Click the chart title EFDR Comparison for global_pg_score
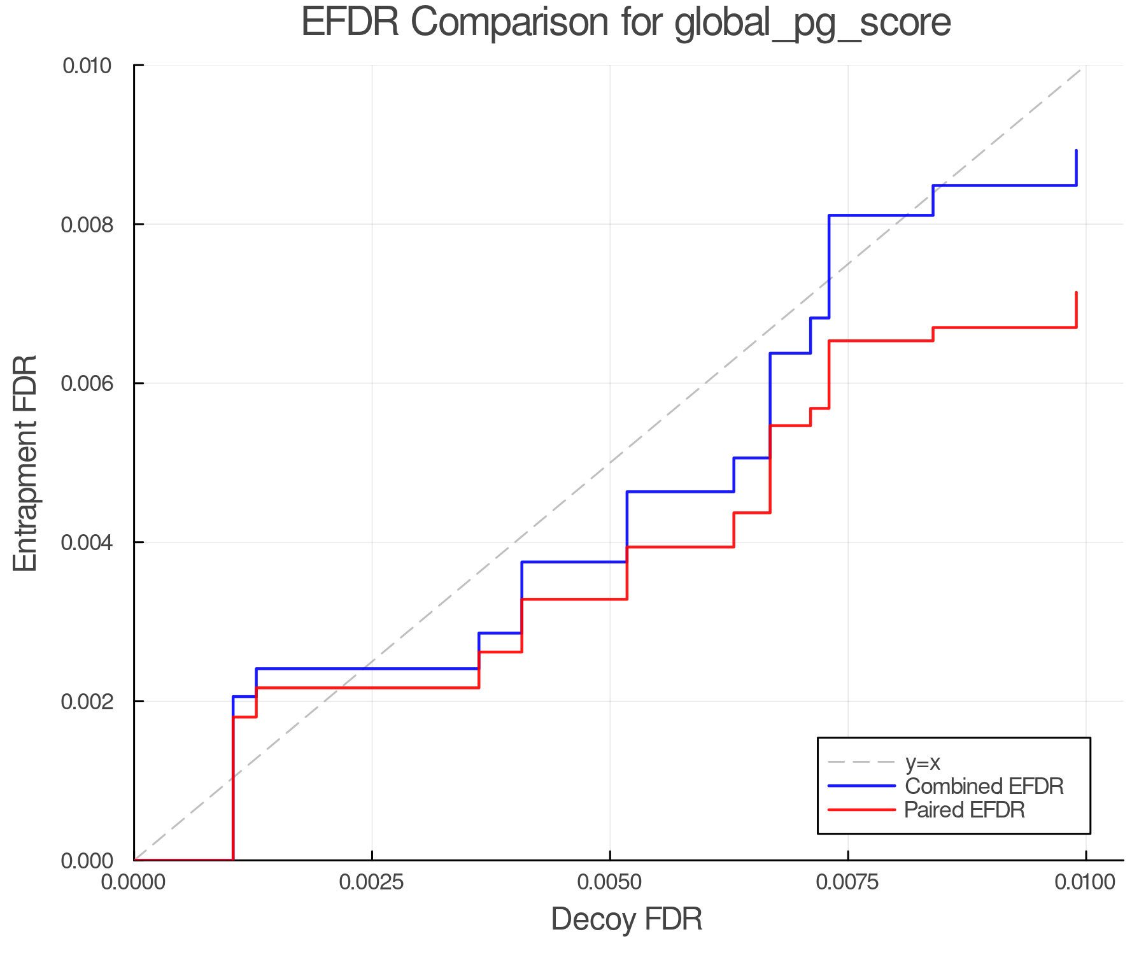click(626, 23)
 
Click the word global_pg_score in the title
click(812, 23)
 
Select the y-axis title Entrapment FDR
click(25, 463)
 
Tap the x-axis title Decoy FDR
click(626, 919)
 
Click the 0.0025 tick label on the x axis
click(372, 882)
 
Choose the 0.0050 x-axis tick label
click(610, 882)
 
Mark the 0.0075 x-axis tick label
click(848, 882)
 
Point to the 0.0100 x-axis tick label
click(1086, 882)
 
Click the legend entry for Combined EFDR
click(984, 786)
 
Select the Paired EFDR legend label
click(965, 810)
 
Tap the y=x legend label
click(923, 762)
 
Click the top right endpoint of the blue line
click(1076, 151)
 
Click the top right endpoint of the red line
click(1076, 293)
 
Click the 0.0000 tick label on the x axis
click(134, 882)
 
